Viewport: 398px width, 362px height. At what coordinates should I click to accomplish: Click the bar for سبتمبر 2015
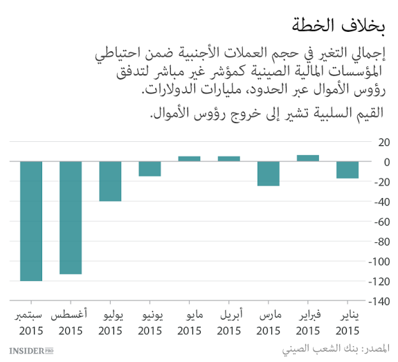click(31, 221)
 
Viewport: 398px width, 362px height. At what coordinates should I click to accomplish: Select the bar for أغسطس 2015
click(71, 218)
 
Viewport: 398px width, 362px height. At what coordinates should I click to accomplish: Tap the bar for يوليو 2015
click(110, 181)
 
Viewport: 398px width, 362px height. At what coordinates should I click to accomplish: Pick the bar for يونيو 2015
click(150, 169)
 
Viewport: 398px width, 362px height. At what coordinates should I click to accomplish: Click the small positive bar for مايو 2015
click(189, 159)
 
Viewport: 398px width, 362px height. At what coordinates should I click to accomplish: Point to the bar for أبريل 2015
click(228, 159)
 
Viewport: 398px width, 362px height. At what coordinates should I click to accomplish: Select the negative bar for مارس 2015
click(268, 174)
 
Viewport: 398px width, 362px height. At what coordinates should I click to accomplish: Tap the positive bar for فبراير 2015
click(307, 158)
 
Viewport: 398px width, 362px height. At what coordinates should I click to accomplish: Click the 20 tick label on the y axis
click(381, 142)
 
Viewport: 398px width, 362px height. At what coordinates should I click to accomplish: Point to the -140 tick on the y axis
click(379, 302)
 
